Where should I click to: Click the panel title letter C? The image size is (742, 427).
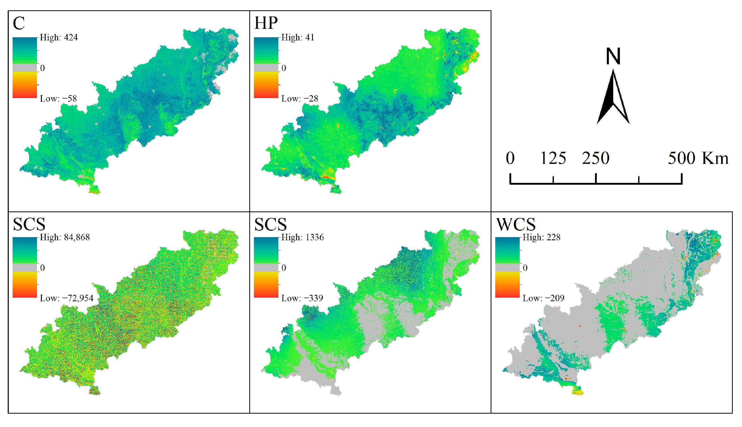coord(19,23)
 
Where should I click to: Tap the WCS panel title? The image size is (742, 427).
coord(516,224)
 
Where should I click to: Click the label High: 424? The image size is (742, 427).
coord(59,38)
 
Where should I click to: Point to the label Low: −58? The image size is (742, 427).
coord(58,99)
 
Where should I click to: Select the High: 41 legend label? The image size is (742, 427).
coord(297,38)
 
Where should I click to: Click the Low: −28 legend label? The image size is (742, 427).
coord(299,99)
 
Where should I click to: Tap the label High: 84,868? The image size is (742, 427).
coord(65,237)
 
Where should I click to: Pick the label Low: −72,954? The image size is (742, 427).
coord(67,298)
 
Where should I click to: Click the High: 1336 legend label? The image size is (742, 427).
coord(302,237)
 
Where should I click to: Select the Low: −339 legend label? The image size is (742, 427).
coord(302,298)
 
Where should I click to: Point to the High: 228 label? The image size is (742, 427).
coord(541,237)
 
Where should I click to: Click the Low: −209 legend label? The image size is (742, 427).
coord(543,298)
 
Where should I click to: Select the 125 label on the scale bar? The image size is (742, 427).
coord(553,158)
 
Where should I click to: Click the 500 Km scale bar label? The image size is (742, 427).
coord(698,158)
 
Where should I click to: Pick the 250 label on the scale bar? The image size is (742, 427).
coord(596,158)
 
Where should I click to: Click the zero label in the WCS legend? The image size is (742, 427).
coord(525,268)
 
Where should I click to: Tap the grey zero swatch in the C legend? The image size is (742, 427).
coord(25,68)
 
